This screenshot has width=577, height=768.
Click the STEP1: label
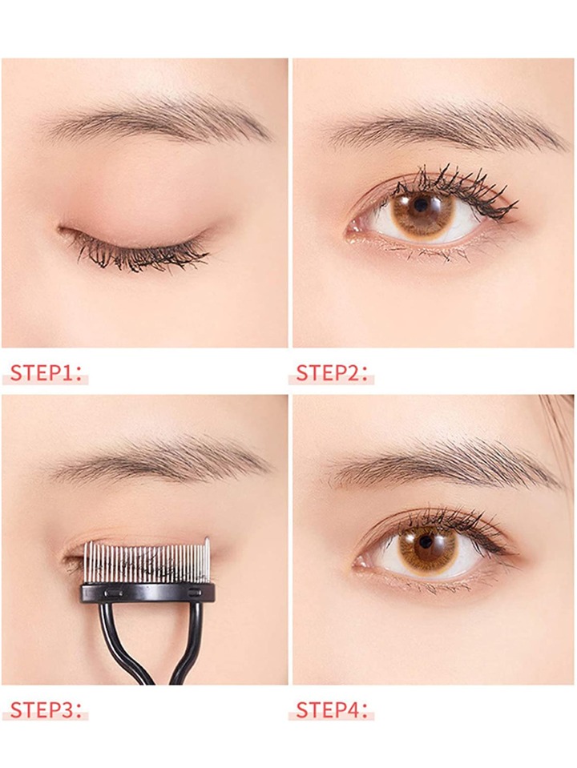(45, 372)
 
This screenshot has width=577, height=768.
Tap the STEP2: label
(332, 372)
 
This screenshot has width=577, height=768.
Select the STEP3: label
(45, 710)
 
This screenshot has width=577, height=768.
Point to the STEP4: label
(332, 710)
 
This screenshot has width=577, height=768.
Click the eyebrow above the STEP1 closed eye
(157, 120)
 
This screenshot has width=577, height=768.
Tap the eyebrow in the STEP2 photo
(446, 125)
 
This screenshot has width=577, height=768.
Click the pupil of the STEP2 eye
(420, 204)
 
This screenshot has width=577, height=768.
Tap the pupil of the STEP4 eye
(426, 541)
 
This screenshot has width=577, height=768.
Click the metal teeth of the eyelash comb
(147, 562)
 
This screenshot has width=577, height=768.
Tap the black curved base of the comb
(147, 592)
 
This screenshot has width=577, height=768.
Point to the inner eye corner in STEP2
(354, 229)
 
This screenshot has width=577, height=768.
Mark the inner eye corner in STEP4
(361, 562)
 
